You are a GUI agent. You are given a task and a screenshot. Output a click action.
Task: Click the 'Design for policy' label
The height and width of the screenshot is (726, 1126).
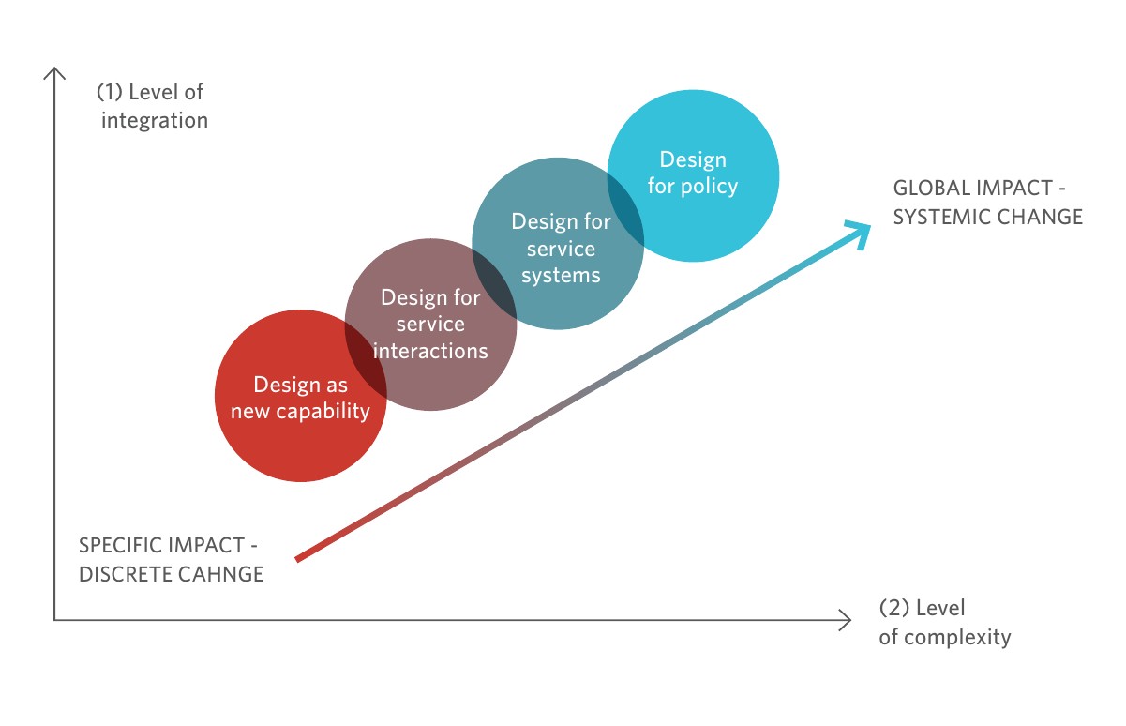pyautogui.click(x=693, y=173)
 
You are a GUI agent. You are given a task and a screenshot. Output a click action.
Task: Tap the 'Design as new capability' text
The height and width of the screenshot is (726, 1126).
pyautogui.click(x=300, y=398)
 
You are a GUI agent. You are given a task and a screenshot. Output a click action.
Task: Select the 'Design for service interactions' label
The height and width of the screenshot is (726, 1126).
pyautogui.click(x=430, y=325)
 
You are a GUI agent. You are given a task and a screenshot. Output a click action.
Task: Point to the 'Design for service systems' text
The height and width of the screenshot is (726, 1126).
pyautogui.click(x=560, y=249)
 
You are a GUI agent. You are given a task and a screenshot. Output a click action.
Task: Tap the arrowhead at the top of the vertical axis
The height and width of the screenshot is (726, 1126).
pyautogui.click(x=55, y=72)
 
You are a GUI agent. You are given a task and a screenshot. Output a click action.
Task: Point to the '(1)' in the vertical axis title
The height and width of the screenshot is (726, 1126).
pyautogui.click(x=110, y=93)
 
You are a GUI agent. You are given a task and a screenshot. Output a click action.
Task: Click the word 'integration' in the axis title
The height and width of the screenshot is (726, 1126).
pyautogui.click(x=155, y=120)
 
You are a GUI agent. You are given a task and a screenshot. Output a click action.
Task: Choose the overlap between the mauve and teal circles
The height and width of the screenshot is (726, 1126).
pyautogui.click(x=493, y=285)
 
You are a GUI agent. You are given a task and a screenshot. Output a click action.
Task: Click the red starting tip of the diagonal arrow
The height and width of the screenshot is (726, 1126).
pyautogui.click(x=299, y=559)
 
